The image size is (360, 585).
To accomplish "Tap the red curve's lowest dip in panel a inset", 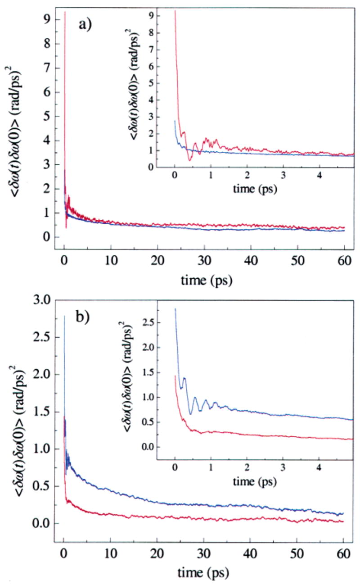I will (190, 160).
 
